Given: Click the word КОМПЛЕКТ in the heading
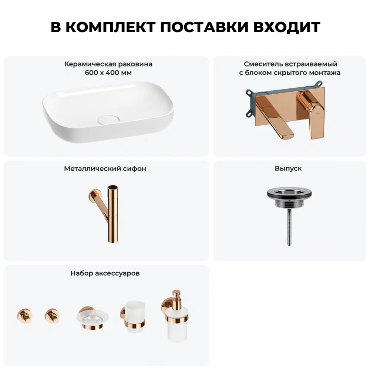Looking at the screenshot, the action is pyautogui.click(x=110, y=27).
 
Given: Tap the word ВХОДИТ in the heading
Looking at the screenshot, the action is pyautogui.click(x=287, y=27).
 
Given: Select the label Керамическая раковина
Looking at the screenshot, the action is pyautogui.click(x=108, y=64).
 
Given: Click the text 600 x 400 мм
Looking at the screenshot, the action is pyautogui.click(x=108, y=73).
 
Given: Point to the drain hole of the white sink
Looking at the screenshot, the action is pyautogui.click(x=108, y=119).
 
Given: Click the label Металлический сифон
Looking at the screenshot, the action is pyautogui.click(x=105, y=169).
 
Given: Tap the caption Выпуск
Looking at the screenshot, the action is pyautogui.click(x=288, y=168).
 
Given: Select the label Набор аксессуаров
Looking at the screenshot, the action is pyautogui.click(x=105, y=273).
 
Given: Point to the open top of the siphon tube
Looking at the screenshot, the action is pyautogui.click(x=113, y=187).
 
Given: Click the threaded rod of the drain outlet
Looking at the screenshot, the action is pyautogui.click(x=289, y=227).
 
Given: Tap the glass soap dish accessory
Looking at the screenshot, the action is pyautogui.click(x=92, y=319).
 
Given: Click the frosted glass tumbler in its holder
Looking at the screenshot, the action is pyautogui.click(x=133, y=317).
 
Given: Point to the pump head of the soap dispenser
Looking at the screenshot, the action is pyautogui.click(x=176, y=295).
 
